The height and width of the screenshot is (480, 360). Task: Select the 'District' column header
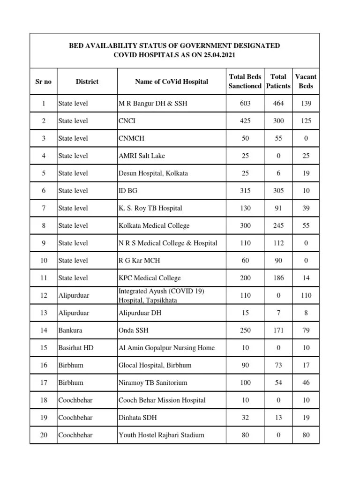tap(87, 82)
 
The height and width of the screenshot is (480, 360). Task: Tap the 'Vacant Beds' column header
tap(306, 82)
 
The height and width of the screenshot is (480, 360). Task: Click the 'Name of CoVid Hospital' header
tap(172, 82)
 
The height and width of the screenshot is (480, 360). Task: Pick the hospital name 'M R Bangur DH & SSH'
tap(153, 103)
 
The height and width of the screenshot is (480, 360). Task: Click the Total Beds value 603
tap(245, 103)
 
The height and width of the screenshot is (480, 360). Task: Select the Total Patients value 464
tap(278, 103)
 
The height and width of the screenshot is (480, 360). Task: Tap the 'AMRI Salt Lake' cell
tap(142, 156)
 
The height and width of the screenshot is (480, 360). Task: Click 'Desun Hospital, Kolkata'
tap(153, 173)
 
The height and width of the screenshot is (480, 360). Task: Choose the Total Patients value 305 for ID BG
tap(278, 191)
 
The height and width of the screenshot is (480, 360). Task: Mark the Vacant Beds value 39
tap(306, 208)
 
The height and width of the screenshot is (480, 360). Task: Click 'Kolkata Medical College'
tap(154, 225)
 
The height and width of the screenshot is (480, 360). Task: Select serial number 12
tap(44, 295)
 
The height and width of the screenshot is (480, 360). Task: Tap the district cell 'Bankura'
tap(70, 330)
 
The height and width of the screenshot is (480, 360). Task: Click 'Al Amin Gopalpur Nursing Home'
tap(166, 348)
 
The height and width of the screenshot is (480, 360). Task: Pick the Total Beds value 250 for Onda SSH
tap(245, 330)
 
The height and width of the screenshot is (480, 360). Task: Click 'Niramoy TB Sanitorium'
tap(153, 382)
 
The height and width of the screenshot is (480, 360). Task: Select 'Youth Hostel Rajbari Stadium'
tap(161, 435)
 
